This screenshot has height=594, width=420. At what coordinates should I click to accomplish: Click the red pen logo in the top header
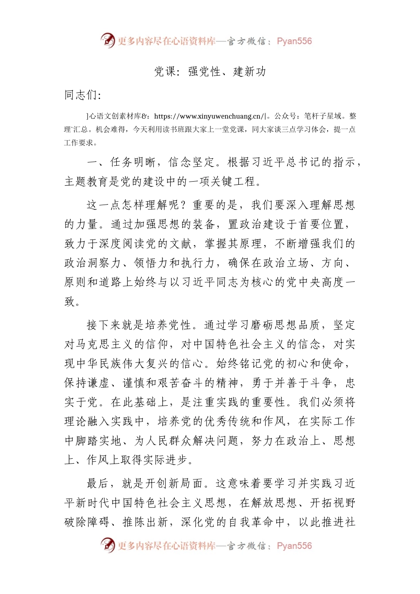(x=108, y=40)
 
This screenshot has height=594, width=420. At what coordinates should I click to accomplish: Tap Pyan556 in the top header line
(x=294, y=41)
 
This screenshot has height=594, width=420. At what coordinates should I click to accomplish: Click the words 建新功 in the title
(x=250, y=72)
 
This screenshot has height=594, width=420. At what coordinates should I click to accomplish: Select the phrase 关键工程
(x=233, y=182)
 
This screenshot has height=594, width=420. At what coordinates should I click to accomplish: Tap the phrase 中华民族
(x=99, y=364)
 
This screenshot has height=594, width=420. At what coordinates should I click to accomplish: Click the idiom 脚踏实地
(x=99, y=441)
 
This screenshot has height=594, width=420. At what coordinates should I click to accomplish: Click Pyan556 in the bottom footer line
(x=294, y=546)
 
